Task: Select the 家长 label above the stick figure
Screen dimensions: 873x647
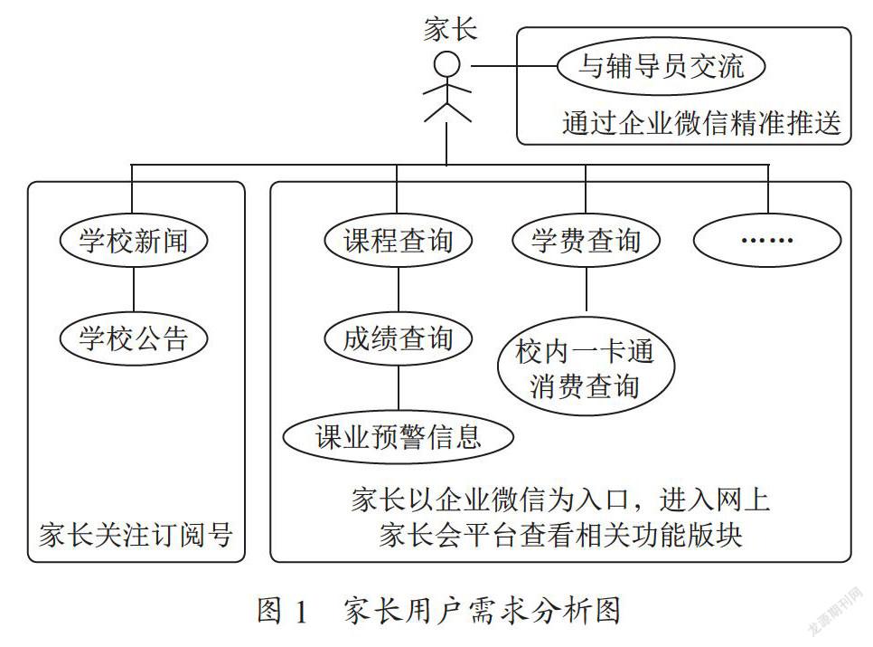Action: point(450,29)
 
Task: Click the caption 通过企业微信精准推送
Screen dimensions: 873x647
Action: point(701,122)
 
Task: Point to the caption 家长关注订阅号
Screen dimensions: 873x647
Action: point(136,535)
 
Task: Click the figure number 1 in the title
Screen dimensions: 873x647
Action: point(301,612)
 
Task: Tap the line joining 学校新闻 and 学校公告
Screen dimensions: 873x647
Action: point(134,290)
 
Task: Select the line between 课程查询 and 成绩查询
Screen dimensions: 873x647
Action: point(398,290)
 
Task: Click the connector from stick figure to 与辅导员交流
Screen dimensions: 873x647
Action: point(514,66)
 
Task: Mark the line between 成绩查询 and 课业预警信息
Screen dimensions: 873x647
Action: point(398,388)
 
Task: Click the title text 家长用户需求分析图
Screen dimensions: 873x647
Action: point(483,611)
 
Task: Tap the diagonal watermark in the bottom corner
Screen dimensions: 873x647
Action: point(835,612)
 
